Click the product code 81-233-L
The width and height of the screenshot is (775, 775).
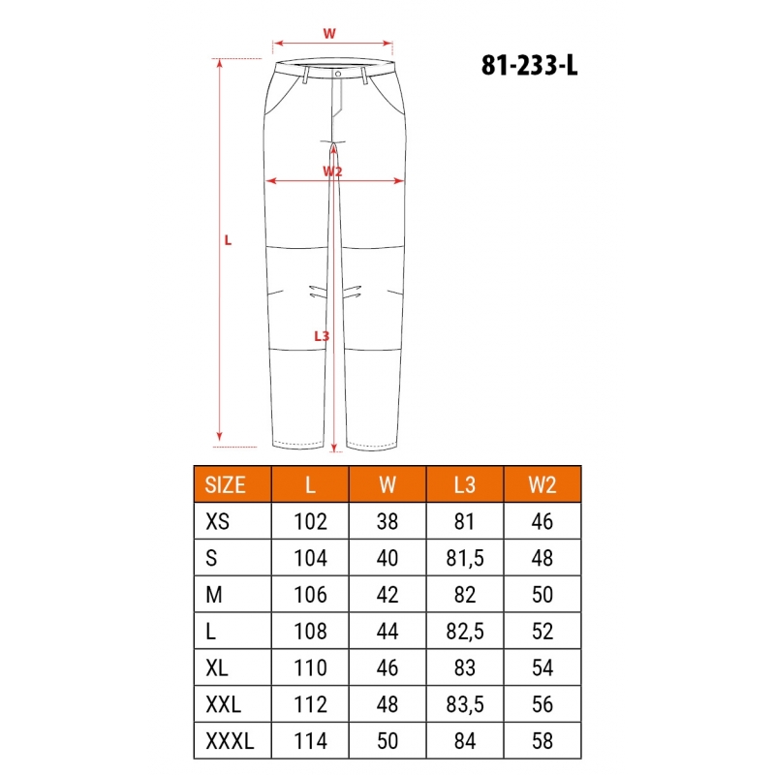(x=529, y=65)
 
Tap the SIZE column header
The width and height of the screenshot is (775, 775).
(x=225, y=485)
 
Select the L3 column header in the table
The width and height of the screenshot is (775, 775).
(x=465, y=485)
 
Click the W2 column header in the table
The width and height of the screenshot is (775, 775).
(x=542, y=485)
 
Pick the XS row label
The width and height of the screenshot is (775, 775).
(x=217, y=521)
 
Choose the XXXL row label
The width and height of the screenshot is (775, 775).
(x=230, y=741)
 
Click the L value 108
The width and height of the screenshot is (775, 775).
(x=310, y=632)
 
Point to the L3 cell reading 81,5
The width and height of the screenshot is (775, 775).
(x=465, y=558)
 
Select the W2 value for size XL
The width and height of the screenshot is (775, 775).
(x=542, y=667)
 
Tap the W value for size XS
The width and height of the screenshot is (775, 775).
(x=387, y=521)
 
